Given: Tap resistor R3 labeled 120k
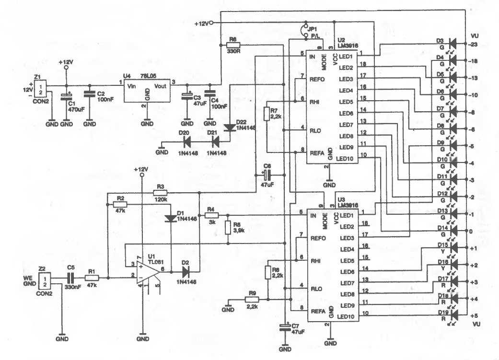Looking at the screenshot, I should [x=160, y=193].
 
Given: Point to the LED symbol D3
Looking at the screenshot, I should [x=453, y=44].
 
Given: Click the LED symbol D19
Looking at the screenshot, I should [x=453, y=315].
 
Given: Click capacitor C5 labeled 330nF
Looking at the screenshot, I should [x=71, y=278].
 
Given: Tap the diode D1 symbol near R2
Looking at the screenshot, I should [x=171, y=219].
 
